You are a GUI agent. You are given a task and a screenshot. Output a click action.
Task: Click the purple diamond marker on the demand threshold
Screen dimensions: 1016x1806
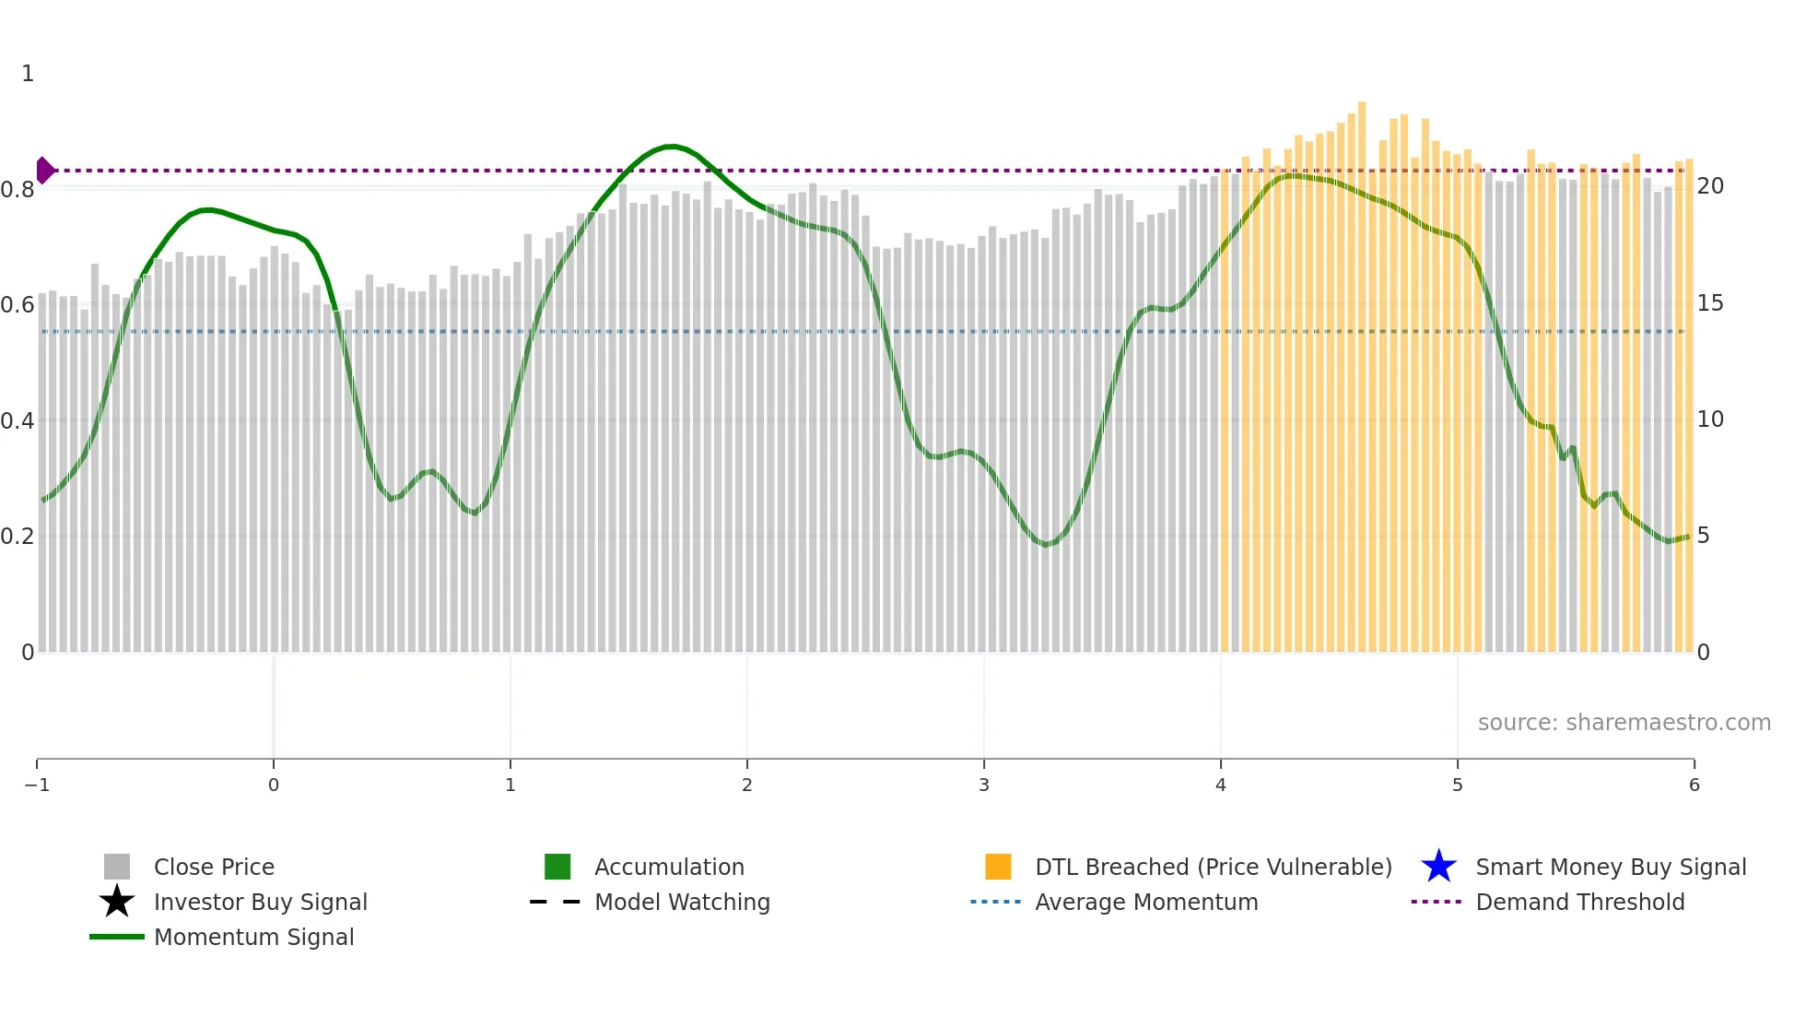click(x=44, y=171)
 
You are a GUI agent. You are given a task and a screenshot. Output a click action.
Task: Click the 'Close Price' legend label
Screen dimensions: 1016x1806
click(x=214, y=867)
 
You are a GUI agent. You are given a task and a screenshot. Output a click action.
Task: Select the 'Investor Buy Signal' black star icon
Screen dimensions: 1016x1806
click(x=117, y=902)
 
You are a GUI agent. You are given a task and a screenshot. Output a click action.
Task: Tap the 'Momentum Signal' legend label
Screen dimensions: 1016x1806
click(x=253, y=937)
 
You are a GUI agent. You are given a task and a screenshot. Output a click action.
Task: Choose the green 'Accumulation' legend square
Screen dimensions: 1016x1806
click(x=557, y=867)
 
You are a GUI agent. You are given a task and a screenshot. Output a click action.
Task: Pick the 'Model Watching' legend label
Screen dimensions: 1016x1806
click(x=682, y=902)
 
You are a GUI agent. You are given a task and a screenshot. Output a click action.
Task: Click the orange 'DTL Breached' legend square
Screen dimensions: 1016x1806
click(x=998, y=867)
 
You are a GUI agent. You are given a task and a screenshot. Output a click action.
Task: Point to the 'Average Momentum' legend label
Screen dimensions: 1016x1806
click(x=1146, y=902)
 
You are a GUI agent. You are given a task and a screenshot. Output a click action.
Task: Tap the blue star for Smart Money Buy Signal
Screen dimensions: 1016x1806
click(x=1438, y=867)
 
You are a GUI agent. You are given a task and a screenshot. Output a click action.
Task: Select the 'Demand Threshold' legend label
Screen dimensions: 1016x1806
click(x=1579, y=902)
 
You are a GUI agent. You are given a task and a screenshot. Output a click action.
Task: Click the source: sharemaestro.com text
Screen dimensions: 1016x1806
click(x=1624, y=722)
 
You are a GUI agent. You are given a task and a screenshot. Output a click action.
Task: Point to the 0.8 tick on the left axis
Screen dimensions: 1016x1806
click(x=18, y=190)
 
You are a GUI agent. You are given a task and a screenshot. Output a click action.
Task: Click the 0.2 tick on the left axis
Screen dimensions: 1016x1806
click(x=18, y=537)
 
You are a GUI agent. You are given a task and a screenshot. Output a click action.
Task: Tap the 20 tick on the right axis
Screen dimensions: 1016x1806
click(x=1710, y=186)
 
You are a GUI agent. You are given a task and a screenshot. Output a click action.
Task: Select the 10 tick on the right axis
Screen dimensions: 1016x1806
click(x=1710, y=419)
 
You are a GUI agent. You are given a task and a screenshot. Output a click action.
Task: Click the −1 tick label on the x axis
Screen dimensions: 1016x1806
click(x=37, y=785)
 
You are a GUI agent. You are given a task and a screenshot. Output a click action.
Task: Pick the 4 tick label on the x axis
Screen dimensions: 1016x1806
click(x=1221, y=785)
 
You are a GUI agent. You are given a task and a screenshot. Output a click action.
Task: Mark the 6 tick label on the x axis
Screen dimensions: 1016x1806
click(x=1694, y=785)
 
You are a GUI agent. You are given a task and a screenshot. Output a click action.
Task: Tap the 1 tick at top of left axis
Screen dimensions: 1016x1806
click(x=28, y=74)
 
